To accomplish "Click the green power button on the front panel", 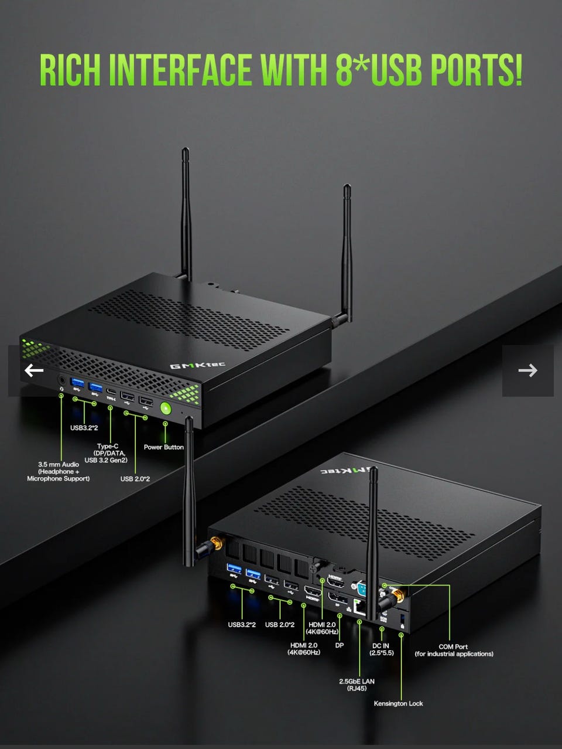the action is (165, 408).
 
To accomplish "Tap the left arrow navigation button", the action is (34, 370).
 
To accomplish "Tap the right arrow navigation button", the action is (528, 370).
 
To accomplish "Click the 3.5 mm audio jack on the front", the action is (62, 380).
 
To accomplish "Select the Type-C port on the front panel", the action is (111, 391).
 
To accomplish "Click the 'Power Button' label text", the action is (163, 447).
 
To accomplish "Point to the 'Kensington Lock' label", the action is (398, 703).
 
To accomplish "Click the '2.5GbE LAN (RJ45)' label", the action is (357, 685).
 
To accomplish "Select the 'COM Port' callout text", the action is (453, 646).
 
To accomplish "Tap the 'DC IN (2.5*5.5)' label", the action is (381, 649).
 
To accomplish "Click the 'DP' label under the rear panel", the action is (340, 645).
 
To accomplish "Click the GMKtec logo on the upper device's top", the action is (198, 366).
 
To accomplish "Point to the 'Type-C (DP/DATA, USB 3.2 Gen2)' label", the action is (106, 453).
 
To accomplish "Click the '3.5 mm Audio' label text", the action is (59, 464).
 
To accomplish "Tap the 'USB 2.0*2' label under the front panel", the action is (135, 479).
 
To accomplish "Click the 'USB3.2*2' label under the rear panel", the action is (242, 624).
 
